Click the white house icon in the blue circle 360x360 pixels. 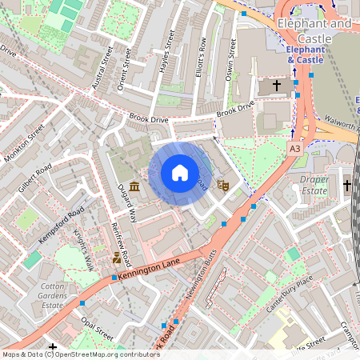(x=180, y=173)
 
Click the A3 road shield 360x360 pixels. (x=296, y=148)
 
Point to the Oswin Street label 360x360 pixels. (x=233, y=59)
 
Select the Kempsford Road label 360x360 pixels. (x=61, y=226)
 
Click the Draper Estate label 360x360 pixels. (x=314, y=186)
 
